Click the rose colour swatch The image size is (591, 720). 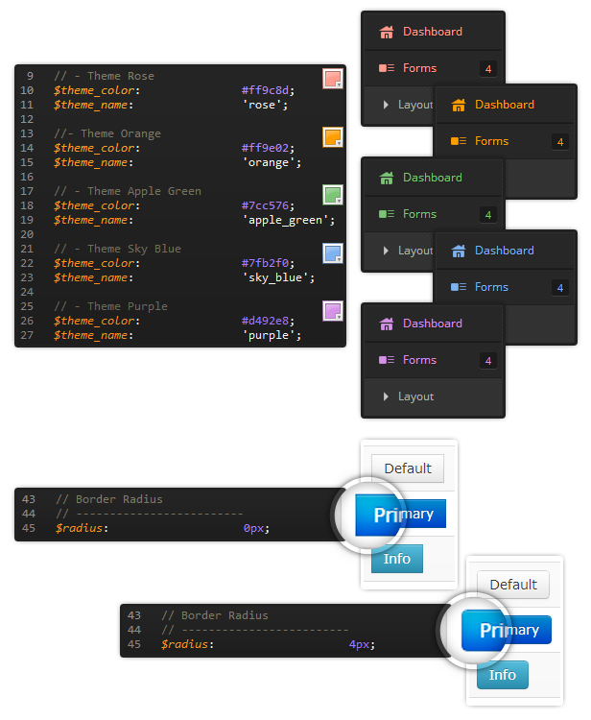[x=333, y=79]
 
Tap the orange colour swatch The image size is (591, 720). [x=333, y=137]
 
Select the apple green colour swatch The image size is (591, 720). [x=333, y=195]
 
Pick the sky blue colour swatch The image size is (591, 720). [x=333, y=253]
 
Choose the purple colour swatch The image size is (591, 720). [x=333, y=311]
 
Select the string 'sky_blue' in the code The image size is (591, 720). [x=278, y=277]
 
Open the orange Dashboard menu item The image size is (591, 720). [x=505, y=105]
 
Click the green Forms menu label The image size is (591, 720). [x=419, y=214]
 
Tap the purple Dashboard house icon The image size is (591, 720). [x=387, y=324]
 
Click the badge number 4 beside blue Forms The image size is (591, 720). [x=559, y=288]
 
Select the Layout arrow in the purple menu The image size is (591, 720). [x=386, y=396]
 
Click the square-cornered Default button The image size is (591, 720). [x=408, y=468]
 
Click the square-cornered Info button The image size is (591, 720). [x=397, y=559]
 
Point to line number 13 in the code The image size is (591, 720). [x=27, y=133]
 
